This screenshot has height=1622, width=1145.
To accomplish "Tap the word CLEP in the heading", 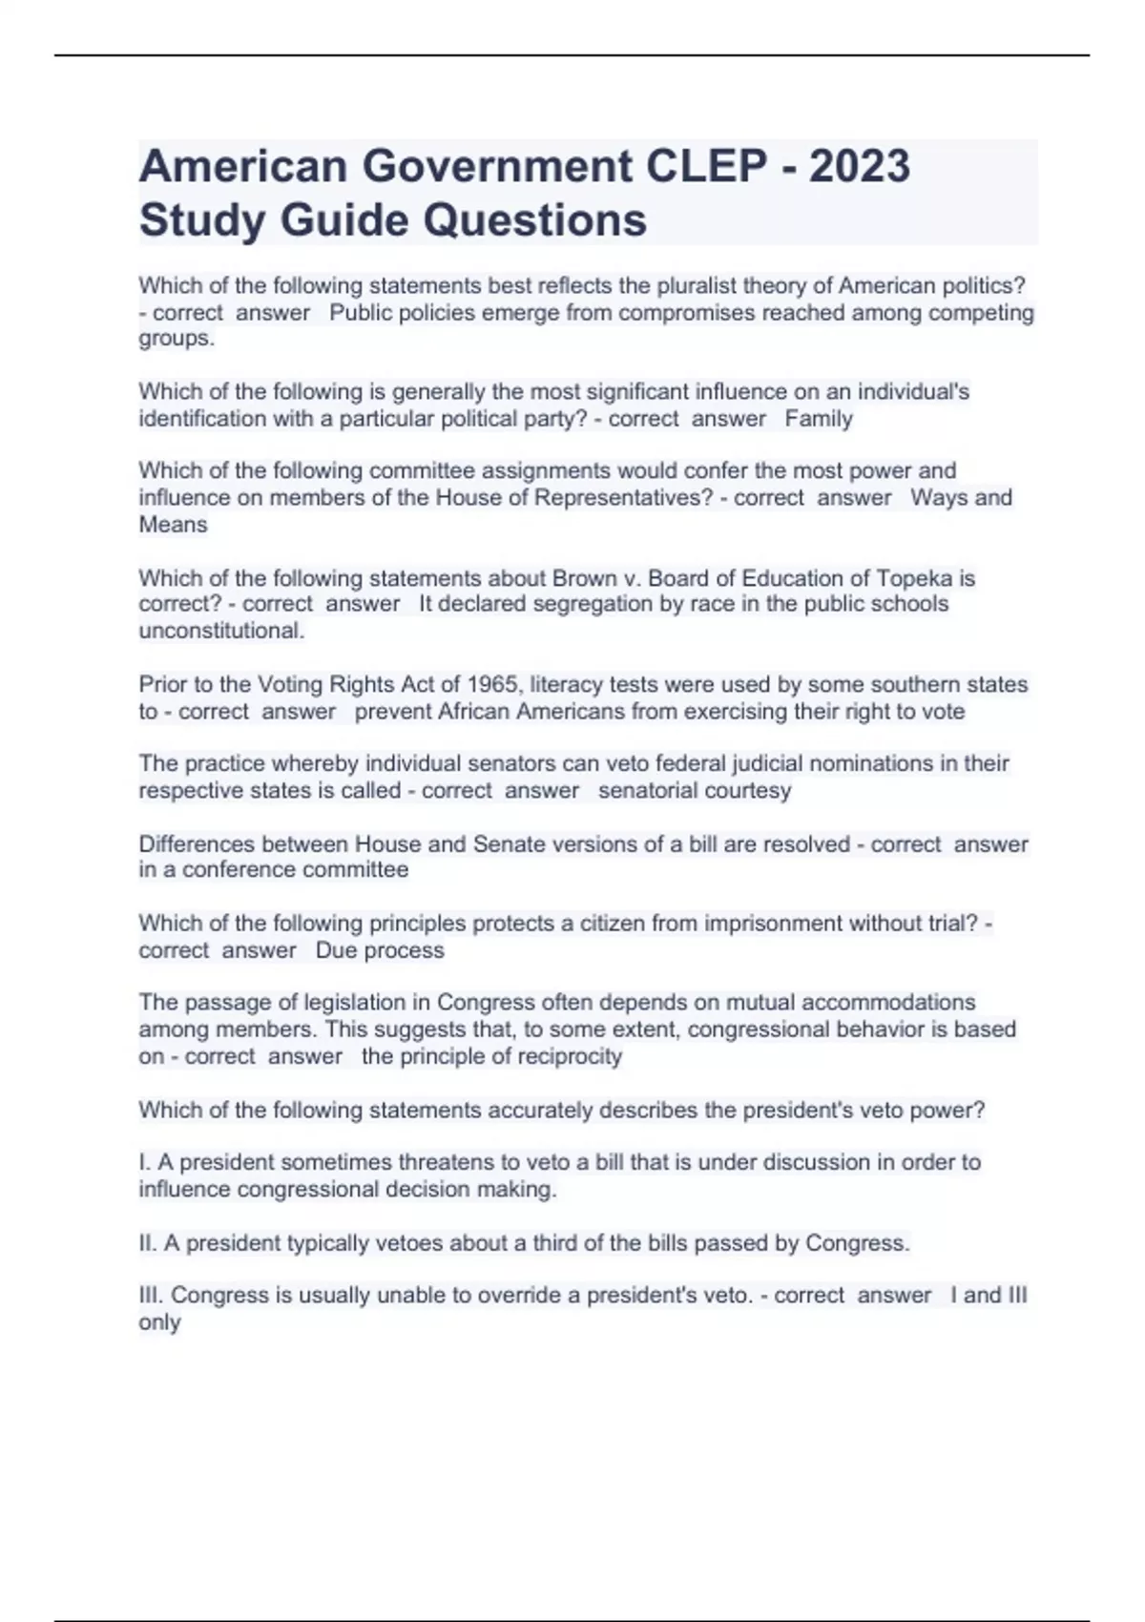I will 706,166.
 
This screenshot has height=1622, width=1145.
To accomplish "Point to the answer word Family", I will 819,418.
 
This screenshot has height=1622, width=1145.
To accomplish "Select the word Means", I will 173,524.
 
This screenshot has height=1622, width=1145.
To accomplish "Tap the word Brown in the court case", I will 580,578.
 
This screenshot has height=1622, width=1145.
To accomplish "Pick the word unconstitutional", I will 221,631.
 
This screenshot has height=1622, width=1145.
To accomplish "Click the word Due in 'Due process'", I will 336,950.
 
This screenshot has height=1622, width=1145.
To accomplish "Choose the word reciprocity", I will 569,1056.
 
